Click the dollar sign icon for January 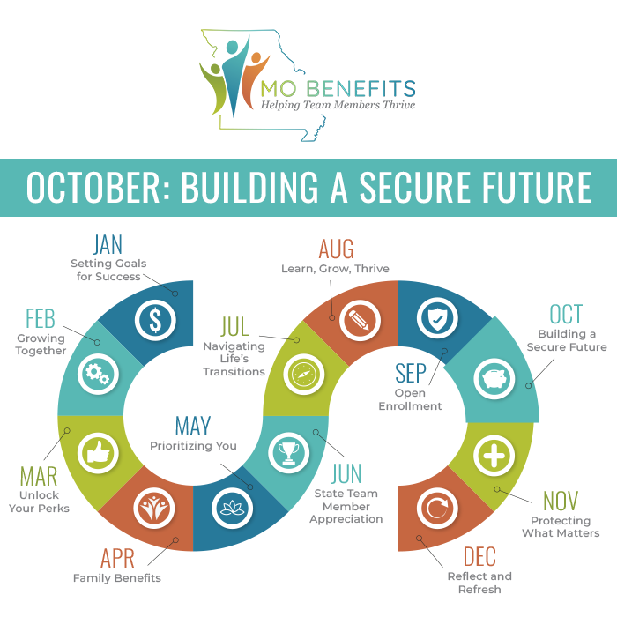154,320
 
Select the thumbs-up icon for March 97,453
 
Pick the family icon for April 152,509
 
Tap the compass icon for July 301,373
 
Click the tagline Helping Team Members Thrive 338,105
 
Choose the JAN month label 108,244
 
